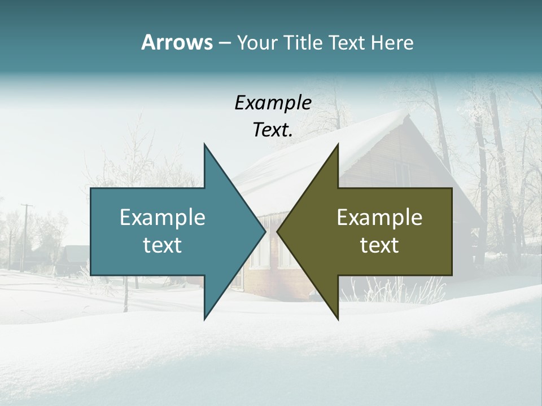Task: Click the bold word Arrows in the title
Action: tap(177, 42)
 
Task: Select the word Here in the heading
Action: tap(392, 42)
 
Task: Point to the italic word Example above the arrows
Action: tap(273, 103)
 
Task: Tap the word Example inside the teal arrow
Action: tap(163, 218)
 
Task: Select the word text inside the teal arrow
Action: tap(163, 245)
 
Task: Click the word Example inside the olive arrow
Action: tap(379, 218)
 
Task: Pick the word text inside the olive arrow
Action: tap(379, 245)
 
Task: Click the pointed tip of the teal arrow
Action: tap(265, 231)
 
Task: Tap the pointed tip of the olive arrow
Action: tap(277, 231)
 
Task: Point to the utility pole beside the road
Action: tap(25, 237)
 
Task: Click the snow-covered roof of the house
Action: tap(316, 152)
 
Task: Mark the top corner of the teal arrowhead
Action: tap(204, 144)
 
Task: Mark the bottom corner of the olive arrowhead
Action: tap(338, 319)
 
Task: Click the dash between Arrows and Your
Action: tap(224, 43)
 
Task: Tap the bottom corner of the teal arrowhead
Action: tap(204, 319)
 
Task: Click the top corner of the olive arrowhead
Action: tap(338, 144)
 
